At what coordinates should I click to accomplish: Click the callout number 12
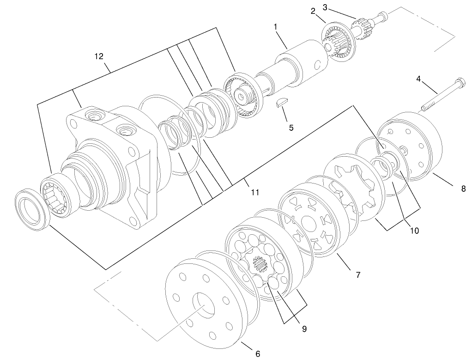(98, 56)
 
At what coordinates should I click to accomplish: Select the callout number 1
(276, 27)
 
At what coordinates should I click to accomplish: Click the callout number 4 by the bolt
(418, 79)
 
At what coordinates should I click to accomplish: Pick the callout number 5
(291, 128)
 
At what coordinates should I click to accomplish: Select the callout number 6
(258, 354)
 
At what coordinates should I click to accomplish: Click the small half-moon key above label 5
(281, 103)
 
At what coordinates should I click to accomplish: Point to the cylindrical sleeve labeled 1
(303, 62)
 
